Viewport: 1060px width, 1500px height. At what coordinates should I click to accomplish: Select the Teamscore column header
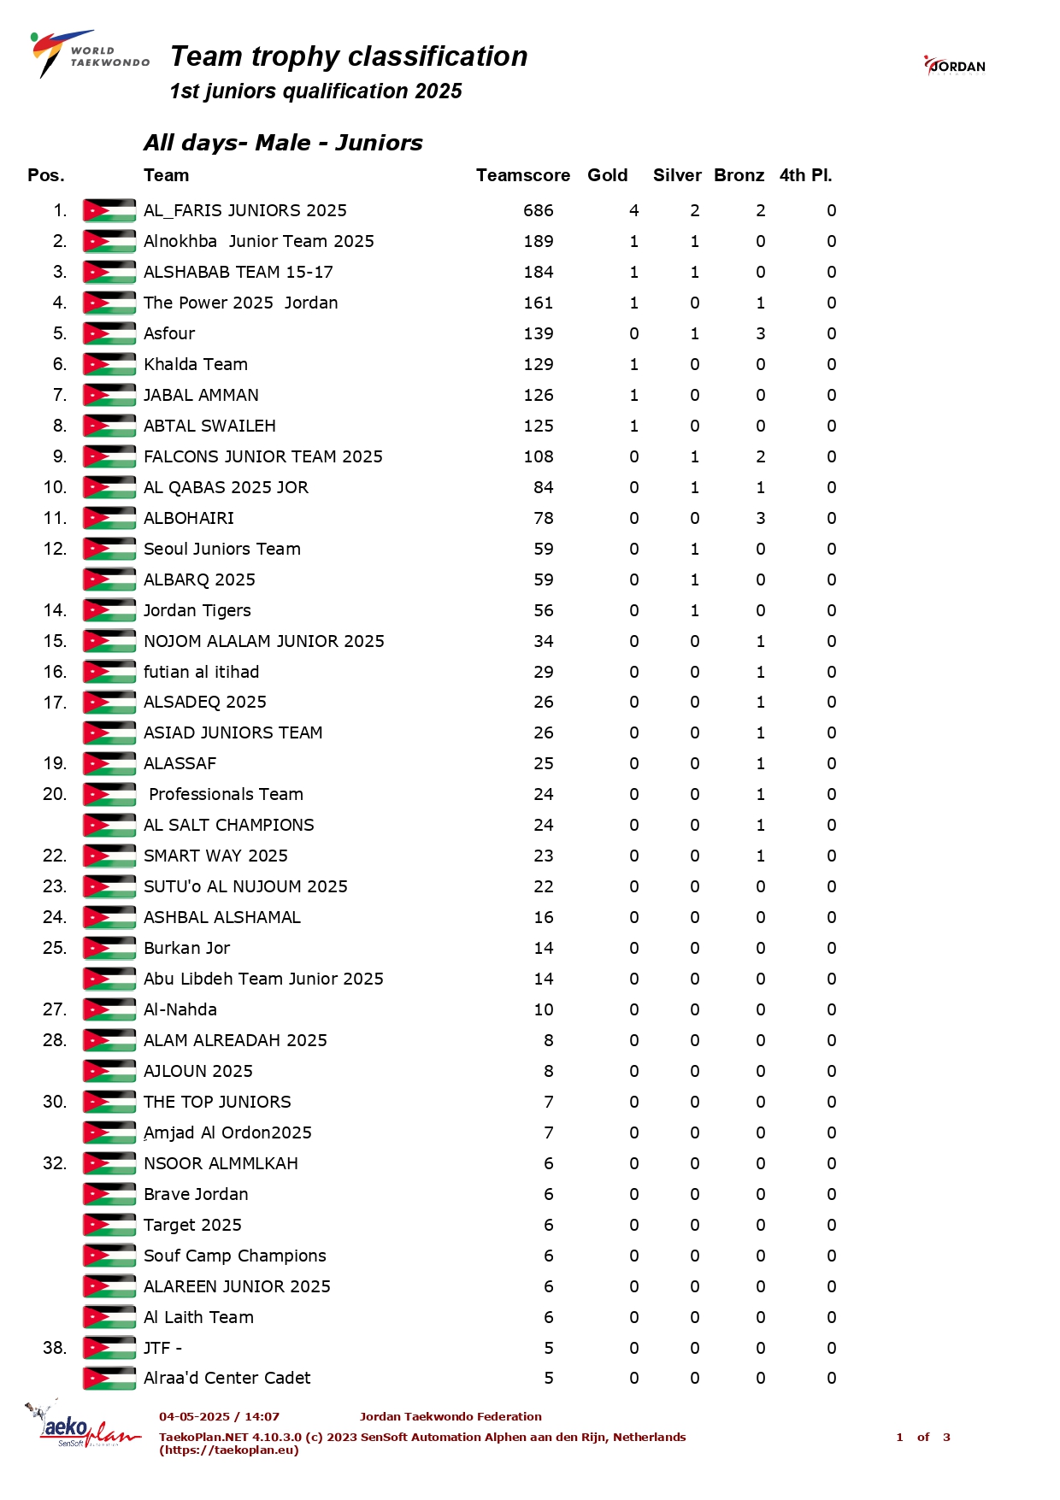[522, 175]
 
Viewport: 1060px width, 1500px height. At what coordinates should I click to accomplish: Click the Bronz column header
[739, 175]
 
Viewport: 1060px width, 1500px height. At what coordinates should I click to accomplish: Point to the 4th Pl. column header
[804, 175]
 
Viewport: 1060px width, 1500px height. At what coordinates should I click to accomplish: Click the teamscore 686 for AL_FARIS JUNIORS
[539, 210]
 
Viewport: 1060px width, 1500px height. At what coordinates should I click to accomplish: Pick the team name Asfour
[169, 333]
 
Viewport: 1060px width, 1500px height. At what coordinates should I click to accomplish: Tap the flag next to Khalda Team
[109, 364]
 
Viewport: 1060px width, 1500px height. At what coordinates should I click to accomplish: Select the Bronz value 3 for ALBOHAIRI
[760, 518]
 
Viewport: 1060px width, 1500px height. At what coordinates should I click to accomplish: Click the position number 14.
[55, 610]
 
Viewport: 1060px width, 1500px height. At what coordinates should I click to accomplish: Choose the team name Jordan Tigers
[197, 610]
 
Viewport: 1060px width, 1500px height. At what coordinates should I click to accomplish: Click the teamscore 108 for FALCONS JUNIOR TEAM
[539, 456]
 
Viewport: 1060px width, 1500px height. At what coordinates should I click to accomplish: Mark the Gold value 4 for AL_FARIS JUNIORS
[633, 210]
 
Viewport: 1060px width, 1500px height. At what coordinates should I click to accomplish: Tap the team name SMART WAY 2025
[215, 856]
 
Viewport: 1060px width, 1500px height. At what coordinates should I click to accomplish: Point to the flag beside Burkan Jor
[109, 948]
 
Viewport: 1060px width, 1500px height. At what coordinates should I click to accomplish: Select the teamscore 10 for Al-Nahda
[544, 1009]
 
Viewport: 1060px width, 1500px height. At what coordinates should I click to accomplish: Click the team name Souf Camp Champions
[235, 1256]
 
